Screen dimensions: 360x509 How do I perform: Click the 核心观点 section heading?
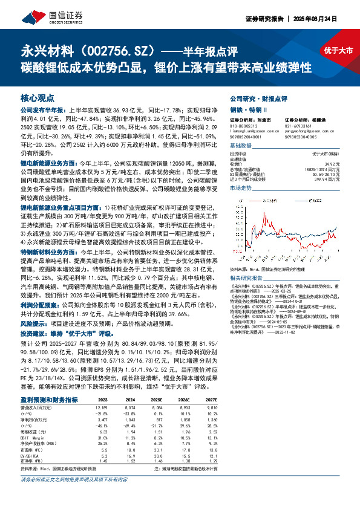(38, 97)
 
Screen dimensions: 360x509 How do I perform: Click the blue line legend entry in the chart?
(257, 197)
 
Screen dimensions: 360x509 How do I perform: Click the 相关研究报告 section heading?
(248, 293)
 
